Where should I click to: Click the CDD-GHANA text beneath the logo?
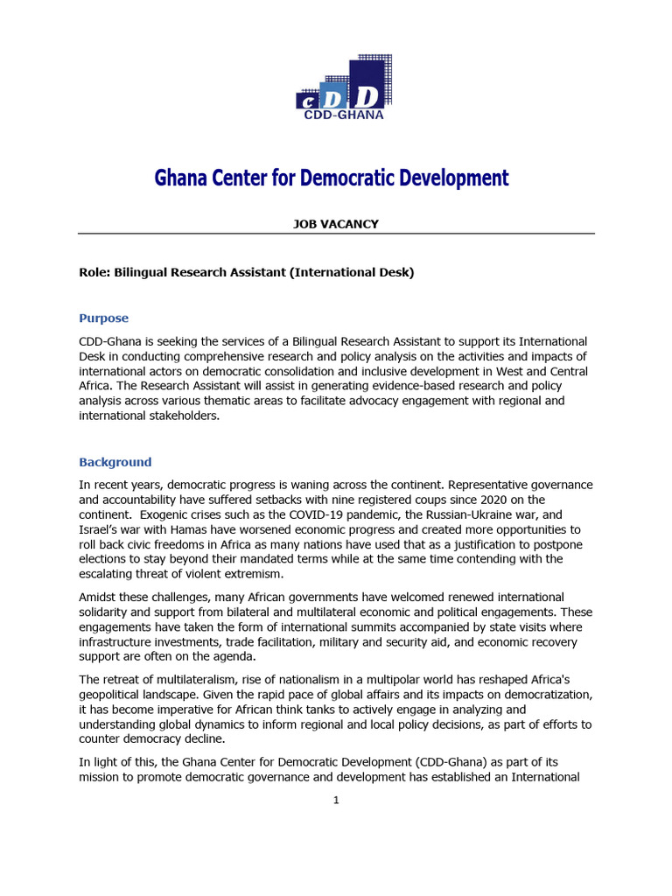tap(343, 114)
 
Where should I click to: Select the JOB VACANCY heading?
tap(335, 224)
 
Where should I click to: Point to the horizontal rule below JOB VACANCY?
tap(336, 234)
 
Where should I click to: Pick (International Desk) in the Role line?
tap(357, 272)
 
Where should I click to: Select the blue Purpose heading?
tap(103, 318)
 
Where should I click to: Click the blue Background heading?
tap(115, 462)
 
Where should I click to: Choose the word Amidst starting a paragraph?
tap(99, 597)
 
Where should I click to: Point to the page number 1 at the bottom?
tap(336, 801)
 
